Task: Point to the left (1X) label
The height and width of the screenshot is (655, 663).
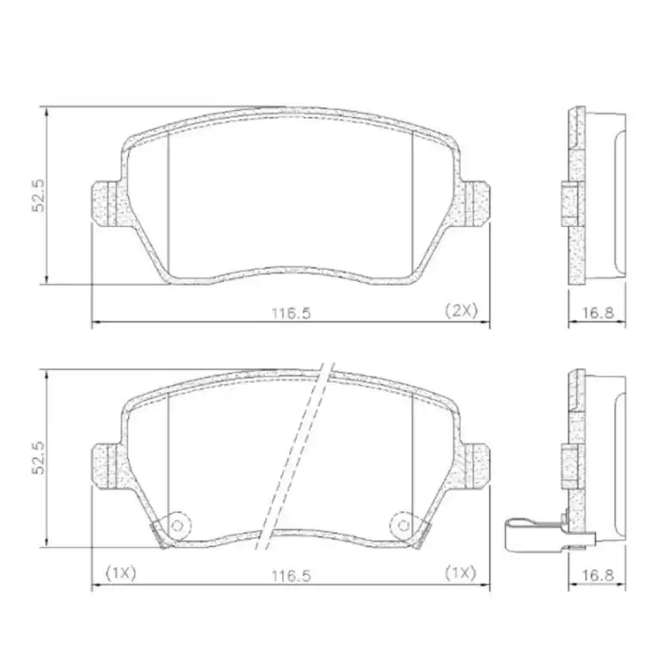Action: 120,572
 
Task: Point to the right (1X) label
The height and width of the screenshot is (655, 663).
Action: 460,572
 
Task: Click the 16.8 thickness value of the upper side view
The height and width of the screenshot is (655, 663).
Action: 597,313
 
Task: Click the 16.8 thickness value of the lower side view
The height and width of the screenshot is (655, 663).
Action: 597,573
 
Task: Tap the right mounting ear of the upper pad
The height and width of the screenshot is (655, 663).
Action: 475,204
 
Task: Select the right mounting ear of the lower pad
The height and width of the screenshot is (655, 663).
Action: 475,465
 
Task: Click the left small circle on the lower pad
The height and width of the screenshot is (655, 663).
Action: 178,523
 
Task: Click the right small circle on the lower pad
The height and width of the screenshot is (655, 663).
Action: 402,523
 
